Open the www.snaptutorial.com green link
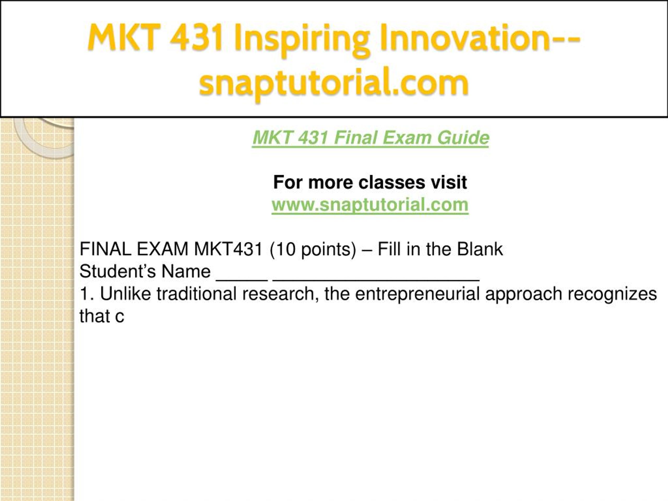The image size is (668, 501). point(370,205)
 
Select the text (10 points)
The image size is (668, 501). point(313,250)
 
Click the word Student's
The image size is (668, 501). point(117,271)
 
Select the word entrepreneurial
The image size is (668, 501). point(417,294)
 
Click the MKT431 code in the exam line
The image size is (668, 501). point(228,249)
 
